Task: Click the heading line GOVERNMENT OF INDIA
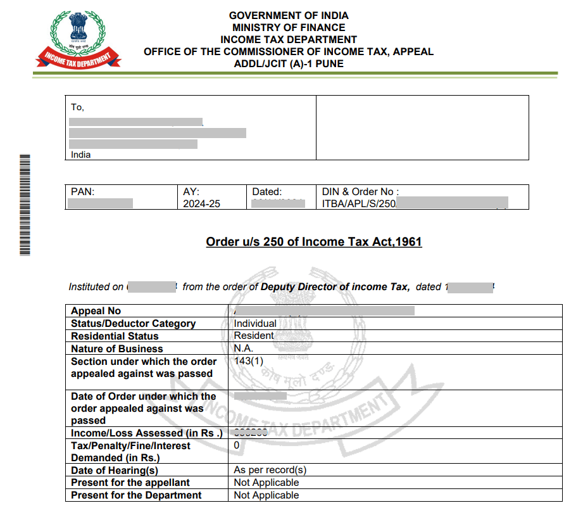click(x=289, y=15)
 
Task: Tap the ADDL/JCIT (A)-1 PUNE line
click(x=289, y=64)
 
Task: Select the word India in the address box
click(x=80, y=155)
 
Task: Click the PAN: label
click(x=82, y=192)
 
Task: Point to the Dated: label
click(x=266, y=192)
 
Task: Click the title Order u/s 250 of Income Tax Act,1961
click(x=314, y=241)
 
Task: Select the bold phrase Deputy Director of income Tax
click(x=334, y=287)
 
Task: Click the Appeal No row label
click(x=96, y=311)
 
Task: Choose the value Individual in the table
click(x=255, y=323)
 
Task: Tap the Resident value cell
click(x=254, y=336)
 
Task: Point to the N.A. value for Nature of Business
click(x=243, y=348)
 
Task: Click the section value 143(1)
click(x=248, y=361)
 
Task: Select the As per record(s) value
click(x=270, y=470)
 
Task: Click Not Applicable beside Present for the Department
click(x=266, y=495)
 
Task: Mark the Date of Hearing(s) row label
click(x=114, y=470)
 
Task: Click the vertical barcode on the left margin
click(x=25, y=204)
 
